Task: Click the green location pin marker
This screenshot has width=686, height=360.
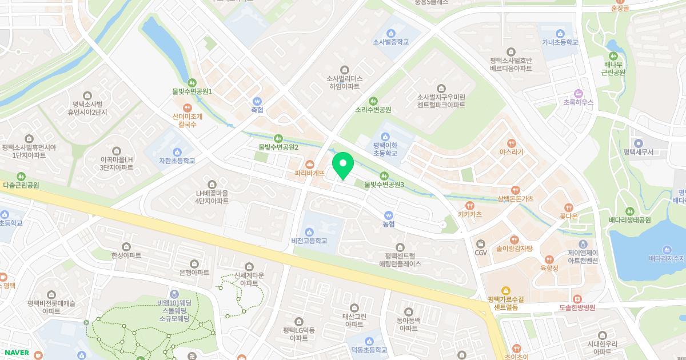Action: tap(343, 166)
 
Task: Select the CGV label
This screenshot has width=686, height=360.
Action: tap(480, 253)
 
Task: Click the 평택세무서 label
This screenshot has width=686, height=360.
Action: tap(639, 152)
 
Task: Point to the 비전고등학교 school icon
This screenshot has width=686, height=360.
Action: tap(309, 231)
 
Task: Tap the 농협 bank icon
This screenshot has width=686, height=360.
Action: tap(389, 215)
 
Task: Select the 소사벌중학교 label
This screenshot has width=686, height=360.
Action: tap(392, 42)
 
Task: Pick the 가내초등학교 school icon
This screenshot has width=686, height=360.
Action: tap(560, 33)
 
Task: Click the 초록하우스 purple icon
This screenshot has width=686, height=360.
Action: tap(578, 93)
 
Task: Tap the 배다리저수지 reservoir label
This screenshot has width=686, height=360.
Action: tap(667, 259)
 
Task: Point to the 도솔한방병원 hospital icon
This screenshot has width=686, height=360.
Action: tap(577, 299)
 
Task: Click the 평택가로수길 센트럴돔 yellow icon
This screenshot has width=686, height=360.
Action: tap(505, 290)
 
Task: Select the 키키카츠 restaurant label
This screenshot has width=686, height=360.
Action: tap(469, 214)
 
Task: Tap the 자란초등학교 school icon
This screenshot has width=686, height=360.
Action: tap(177, 151)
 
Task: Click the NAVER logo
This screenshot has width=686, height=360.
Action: tap(16, 353)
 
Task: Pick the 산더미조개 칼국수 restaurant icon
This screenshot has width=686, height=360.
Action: tap(187, 107)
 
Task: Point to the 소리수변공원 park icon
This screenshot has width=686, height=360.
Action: tap(373, 101)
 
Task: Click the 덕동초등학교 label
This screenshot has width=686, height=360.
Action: tap(369, 350)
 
